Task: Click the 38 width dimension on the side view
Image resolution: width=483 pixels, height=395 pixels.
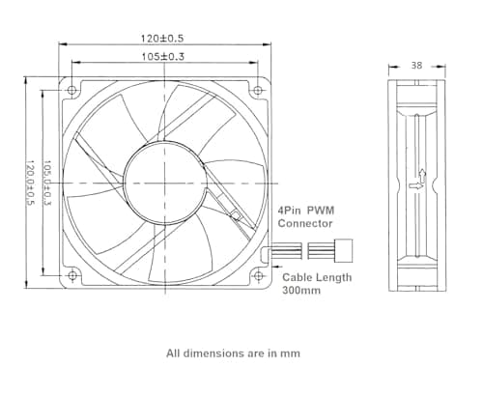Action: pos(417,68)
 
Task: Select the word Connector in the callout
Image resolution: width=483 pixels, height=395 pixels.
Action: pos(305,223)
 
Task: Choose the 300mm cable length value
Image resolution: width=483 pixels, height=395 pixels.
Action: pos(302,289)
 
